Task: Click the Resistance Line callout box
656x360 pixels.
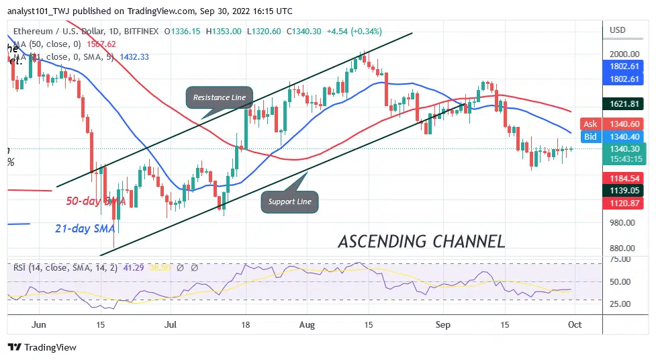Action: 220,97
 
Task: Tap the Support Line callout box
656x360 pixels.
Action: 289,201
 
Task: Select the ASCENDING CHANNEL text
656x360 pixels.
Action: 421,241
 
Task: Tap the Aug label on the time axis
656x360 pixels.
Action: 306,324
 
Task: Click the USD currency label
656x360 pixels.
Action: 616,30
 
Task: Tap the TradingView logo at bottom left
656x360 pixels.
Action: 42,347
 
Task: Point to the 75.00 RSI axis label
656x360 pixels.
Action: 620,259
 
